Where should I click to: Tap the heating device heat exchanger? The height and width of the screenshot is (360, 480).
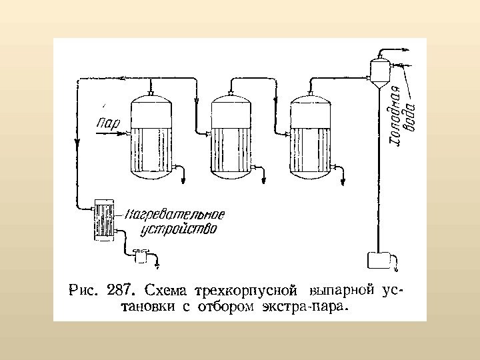[x=105, y=219]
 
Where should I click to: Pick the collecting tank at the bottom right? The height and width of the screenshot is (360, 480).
[x=379, y=261]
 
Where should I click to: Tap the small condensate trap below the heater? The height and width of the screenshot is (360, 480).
[x=140, y=255]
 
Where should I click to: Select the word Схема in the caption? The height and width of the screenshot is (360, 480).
[x=167, y=291]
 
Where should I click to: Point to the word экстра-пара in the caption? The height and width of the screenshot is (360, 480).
[x=317, y=307]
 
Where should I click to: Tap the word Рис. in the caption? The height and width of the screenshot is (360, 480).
[x=84, y=291]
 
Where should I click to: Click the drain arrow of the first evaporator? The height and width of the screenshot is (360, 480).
[x=185, y=177]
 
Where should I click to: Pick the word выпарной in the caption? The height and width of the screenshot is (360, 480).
[x=339, y=291]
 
